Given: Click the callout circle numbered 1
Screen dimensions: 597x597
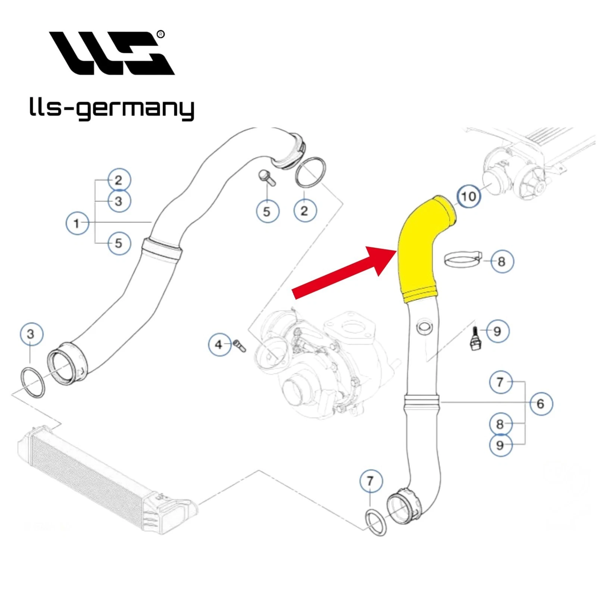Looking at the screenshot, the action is (x=77, y=223).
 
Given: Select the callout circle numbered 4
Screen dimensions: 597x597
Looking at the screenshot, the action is (x=219, y=344).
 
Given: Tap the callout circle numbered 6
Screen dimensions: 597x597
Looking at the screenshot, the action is (x=541, y=403).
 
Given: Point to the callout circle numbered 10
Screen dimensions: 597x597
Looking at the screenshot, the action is (x=469, y=196).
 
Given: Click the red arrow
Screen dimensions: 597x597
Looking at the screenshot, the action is (x=343, y=272).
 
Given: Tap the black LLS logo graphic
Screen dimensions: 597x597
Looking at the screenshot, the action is (x=112, y=53).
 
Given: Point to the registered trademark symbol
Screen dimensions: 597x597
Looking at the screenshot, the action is (x=160, y=34).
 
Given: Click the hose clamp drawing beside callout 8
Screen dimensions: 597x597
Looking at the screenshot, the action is (x=463, y=259).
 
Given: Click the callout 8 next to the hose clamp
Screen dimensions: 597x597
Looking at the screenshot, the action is (x=501, y=261).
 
